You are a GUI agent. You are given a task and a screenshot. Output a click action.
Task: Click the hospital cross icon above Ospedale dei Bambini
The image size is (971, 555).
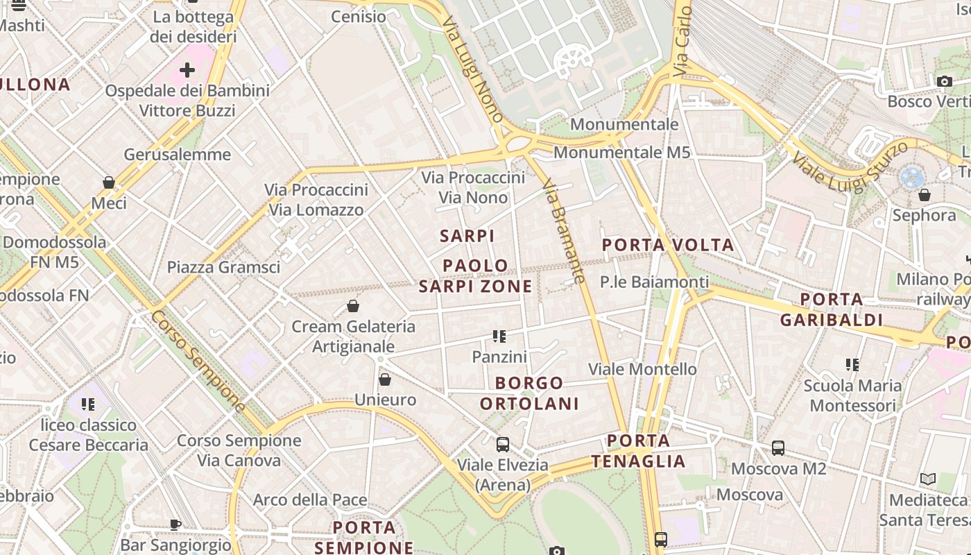click(x=187, y=70)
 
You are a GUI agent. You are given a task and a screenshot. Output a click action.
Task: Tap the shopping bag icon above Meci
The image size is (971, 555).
click(x=109, y=182)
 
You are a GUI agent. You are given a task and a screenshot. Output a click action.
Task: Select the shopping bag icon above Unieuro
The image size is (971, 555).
click(x=385, y=379)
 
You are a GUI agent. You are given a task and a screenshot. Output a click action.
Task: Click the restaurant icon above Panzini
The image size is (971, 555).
click(x=499, y=336)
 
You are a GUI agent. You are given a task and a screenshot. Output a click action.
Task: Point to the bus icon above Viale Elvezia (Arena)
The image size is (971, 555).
click(x=503, y=445)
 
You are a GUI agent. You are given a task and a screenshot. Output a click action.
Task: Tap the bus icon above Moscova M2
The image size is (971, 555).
click(x=778, y=448)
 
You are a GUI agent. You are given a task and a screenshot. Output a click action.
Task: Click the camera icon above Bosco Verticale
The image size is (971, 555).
click(x=944, y=81)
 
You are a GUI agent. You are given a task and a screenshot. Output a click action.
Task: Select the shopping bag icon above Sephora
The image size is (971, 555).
click(x=924, y=195)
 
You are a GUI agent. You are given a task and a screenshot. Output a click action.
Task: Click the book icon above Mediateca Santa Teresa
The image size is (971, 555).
click(x=927, y=479)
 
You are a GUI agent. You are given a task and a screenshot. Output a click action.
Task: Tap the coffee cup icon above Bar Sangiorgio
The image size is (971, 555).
click(x=175, y=524)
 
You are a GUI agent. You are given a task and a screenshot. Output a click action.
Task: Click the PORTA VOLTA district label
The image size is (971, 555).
click(x=667, y=245)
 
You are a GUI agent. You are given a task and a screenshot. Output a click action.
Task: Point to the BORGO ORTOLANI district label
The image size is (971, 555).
click(x=529, y=393)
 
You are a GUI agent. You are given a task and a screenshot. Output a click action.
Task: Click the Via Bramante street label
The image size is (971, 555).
click(x=564, y=231)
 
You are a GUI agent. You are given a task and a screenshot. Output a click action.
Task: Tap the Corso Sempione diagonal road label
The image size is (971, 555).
click(x=198, y=361)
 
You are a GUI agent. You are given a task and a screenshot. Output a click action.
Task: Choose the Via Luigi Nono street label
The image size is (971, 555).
click(x=472, y=69)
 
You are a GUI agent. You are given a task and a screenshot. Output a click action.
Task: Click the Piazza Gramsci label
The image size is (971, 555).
click(x=223, y=267)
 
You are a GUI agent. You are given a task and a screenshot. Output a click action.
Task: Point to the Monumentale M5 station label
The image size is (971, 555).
click(x=621, y=152)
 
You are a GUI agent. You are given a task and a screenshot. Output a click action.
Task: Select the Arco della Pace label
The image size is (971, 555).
click(x=309, y=499)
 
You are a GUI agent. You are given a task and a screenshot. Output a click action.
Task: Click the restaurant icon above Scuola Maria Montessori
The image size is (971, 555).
click(x=852, y=364)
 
